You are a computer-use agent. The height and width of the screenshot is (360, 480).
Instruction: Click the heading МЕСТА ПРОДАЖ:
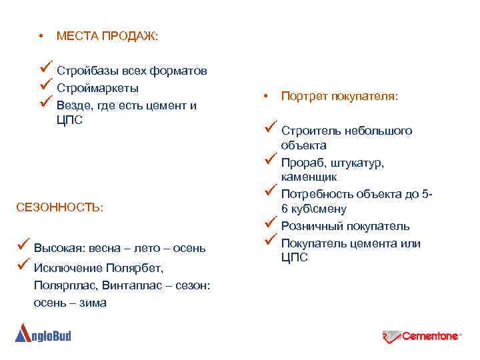coord(107,36)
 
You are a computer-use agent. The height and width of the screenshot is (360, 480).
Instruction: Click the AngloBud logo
coord(43,331)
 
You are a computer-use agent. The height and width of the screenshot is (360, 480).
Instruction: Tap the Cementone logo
coord(421,336)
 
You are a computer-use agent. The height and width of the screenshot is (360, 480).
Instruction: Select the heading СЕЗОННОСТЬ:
coord(60,207)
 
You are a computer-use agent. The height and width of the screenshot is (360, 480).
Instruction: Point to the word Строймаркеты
coord(98,88)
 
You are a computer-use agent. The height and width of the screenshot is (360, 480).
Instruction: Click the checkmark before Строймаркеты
coord(45,85)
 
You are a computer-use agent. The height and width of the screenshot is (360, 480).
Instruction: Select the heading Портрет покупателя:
coord(339,97)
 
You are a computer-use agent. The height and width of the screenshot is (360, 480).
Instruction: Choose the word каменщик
coord(309,177)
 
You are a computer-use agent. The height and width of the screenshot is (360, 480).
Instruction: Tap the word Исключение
coord(67,269)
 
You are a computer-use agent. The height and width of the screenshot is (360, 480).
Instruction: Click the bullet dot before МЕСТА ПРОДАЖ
coord(41,36)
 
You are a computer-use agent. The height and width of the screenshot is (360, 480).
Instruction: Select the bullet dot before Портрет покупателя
coord(265,97)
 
